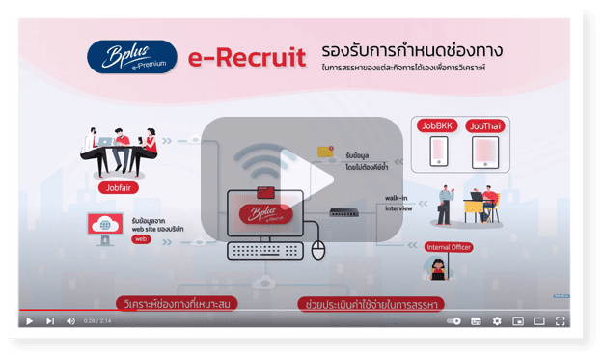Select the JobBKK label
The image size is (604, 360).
coord(434,125)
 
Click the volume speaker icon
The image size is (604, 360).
coord(70,321)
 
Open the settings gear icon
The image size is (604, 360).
coord(497,321)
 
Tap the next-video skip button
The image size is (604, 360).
coord(49,321)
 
